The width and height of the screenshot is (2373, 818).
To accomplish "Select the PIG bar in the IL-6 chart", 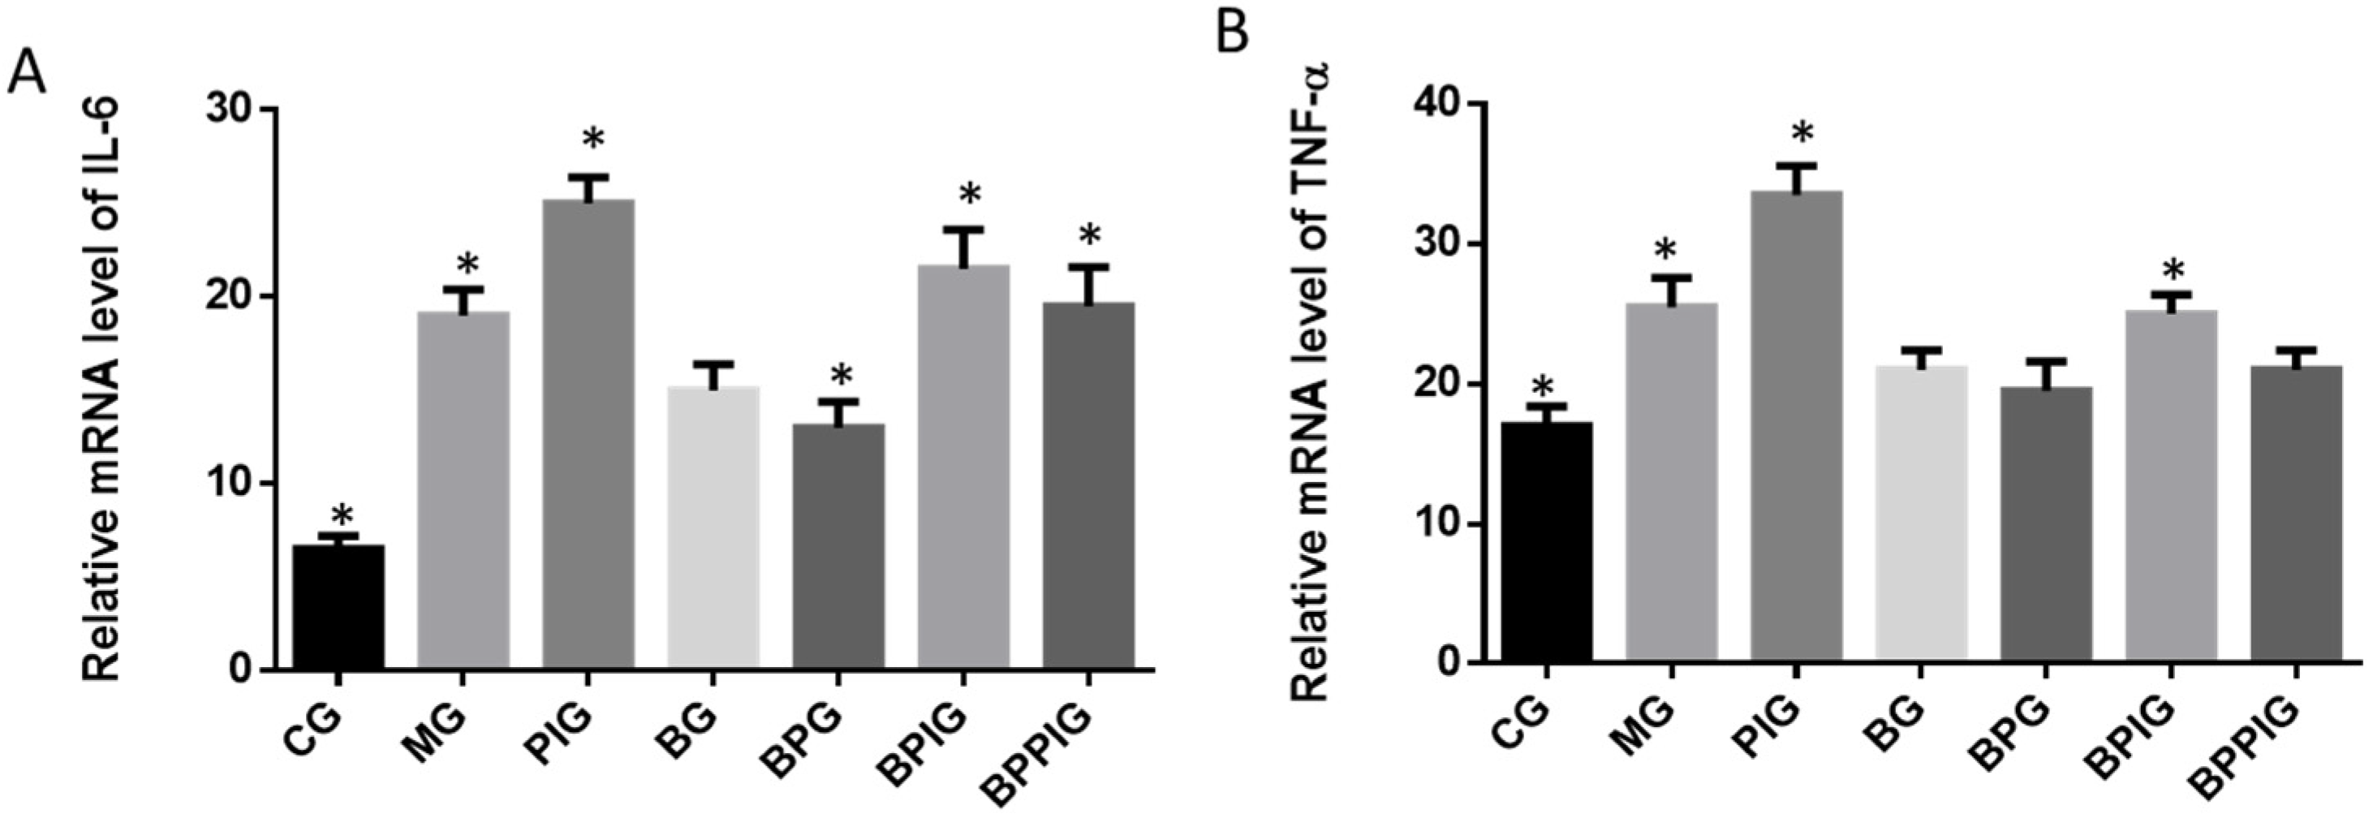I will (x=588, y=433).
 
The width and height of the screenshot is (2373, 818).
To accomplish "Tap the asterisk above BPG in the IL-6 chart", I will (x=841, y=377).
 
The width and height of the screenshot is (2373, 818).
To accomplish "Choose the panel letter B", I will (x=1232, y=33).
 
